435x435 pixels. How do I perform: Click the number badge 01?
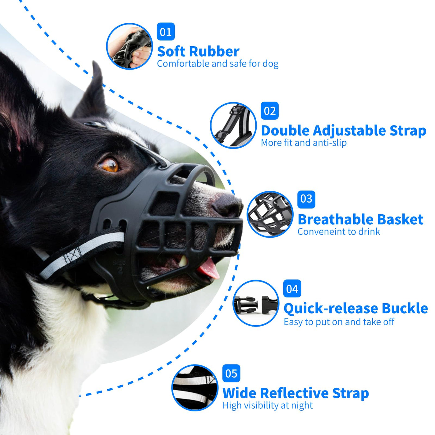[x=166, y=32]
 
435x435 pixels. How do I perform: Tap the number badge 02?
[x=269, y=111]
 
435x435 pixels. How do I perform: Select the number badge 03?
[x=306, y=199]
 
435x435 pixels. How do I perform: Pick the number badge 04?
[x=292, y=289]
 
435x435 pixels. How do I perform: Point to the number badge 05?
[x=231, y=373]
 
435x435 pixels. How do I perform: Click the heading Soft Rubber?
[x=198, y=51]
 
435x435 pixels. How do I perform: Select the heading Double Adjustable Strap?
[x=343, y=131]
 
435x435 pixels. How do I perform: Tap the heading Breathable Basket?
[x=360, y=219]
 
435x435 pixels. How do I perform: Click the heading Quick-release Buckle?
[x=355, y=309]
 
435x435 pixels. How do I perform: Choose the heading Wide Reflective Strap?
[x=295, y=393]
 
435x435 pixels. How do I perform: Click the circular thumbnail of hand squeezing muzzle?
[x=129, y=46]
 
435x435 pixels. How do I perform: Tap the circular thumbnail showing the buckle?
[x=256, y=303]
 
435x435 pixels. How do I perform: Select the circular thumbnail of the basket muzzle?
[x=270, y=214]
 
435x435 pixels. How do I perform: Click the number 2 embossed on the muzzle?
[x=120, y=270]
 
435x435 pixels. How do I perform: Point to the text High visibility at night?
[x=268, y=405]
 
